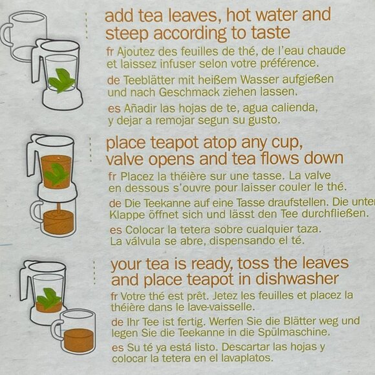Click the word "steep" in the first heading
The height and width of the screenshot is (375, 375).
pyautogui.click(x=125, y=34)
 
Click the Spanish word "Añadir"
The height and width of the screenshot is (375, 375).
pyautogui.click(x=142, y=107)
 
